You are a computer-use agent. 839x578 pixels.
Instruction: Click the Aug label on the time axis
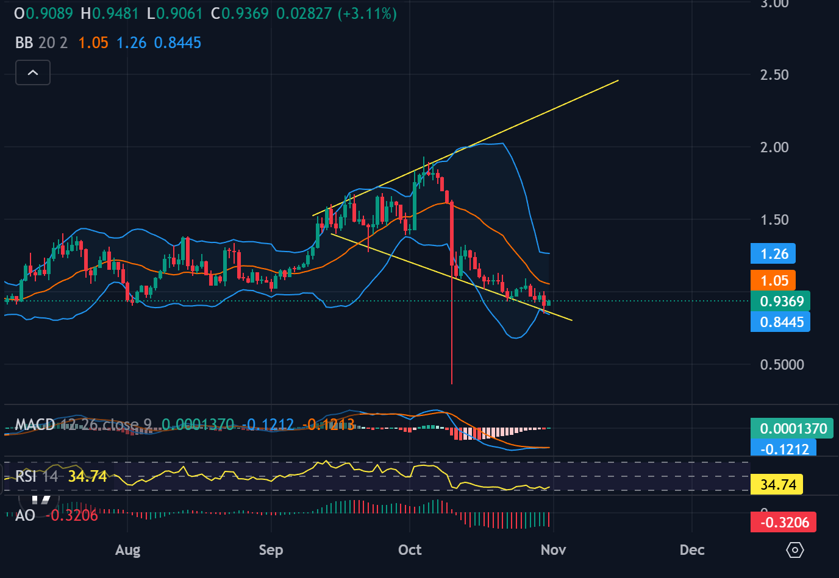click(127, 550)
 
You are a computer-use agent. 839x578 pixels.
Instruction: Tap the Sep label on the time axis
click(271, 550)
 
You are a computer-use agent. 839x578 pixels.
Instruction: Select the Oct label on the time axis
click(410, 550)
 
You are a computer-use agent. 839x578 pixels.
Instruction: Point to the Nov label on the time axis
click(553, 550)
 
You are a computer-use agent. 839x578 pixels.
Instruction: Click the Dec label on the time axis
click(692, 550)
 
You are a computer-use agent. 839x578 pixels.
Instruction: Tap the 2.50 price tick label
click(774, 75)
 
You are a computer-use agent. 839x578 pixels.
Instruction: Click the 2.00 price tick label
click(774, 147)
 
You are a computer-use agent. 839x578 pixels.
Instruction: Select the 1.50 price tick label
click(774, 220)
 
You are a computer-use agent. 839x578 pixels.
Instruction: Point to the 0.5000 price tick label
click(782, 365)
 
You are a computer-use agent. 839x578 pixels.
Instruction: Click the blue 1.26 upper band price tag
click(774, 254)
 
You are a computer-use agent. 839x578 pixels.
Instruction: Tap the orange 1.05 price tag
click(774, 281)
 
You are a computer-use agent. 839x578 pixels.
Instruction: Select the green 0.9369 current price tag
click(781, 301)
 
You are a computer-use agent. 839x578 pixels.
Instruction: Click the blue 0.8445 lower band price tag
click(781, 322)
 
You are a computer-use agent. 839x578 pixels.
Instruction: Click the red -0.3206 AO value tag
click(784, 523)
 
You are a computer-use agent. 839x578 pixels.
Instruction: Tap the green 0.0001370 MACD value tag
click(793, 429)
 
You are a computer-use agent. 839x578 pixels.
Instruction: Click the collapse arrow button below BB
click(33, 73)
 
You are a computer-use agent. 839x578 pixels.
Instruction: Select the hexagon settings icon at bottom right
click(795, 550)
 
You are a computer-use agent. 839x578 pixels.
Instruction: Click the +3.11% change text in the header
click(368, 13)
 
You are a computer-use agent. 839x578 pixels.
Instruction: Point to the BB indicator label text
click(24, 43)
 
